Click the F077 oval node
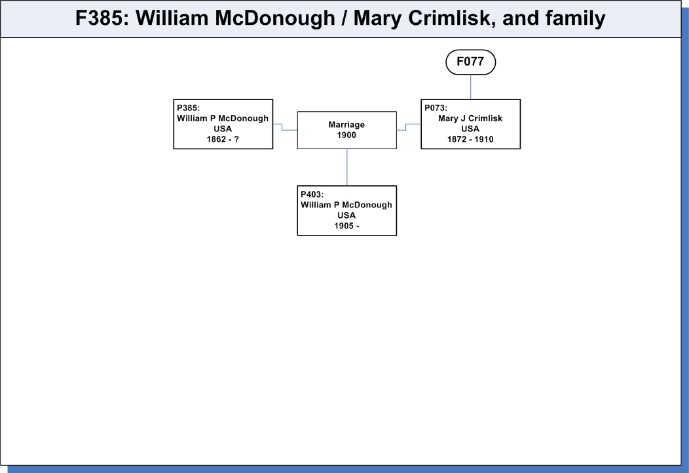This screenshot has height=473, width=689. (x=471, y=62)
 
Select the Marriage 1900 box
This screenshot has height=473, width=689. (x=346, y=130)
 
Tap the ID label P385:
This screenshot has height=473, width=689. (x=188, y=108)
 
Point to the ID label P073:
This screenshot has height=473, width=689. (x=436, y=108)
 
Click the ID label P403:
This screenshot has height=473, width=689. (x=312, y=194)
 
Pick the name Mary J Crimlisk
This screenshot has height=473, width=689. (x=470, y=118)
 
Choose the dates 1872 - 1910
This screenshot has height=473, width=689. (x=470, y=139)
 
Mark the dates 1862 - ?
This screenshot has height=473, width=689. (x=223, y=139)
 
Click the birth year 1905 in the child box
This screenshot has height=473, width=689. (x=344, y=226)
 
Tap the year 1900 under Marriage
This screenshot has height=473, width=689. (x=346, y=135)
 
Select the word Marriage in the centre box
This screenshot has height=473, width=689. (x=346, y=124)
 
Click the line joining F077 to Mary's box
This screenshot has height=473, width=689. (x=471, y=87)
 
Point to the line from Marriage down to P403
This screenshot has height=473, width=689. (x=346, y=167)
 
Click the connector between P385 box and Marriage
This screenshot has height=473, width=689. (x=282, y=127)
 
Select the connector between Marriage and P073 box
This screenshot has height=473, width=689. (x=406, y=127)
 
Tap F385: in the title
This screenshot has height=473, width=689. (x=102, y=18)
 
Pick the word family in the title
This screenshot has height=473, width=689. (x=575, y=18)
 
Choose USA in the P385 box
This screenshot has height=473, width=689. (x=223, y=129)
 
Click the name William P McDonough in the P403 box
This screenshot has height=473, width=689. (x=346, y=205)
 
